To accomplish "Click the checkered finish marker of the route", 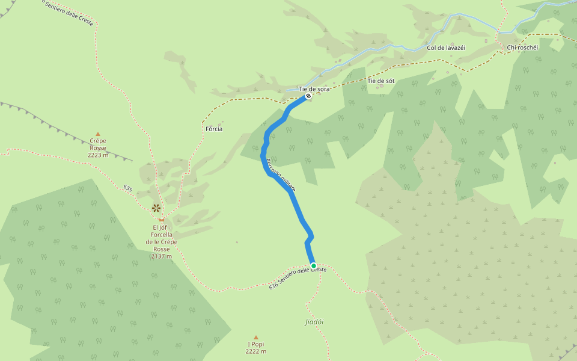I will tap(308, 96).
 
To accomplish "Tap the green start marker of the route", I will tap(313, 265).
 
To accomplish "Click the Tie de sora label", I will tap(314, 89).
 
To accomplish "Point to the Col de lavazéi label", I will tap(446, 48).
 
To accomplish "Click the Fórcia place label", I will tap(214, 129).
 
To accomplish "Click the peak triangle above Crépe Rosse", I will tap(98, 135).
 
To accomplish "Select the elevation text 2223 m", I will tap(98, 155).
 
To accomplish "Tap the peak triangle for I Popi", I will tap(255, 338).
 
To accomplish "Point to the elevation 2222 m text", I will tap(255, 351).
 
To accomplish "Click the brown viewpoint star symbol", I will tap(156, 208).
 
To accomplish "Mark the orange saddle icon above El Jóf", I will tap(161, 220).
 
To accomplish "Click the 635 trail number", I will tap(127, 188).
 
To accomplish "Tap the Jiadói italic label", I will tap(314, 322).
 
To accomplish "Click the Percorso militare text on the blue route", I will tap(281, 175).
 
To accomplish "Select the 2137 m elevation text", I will tap(161, 256).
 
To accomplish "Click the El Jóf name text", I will tap(159, 227).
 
